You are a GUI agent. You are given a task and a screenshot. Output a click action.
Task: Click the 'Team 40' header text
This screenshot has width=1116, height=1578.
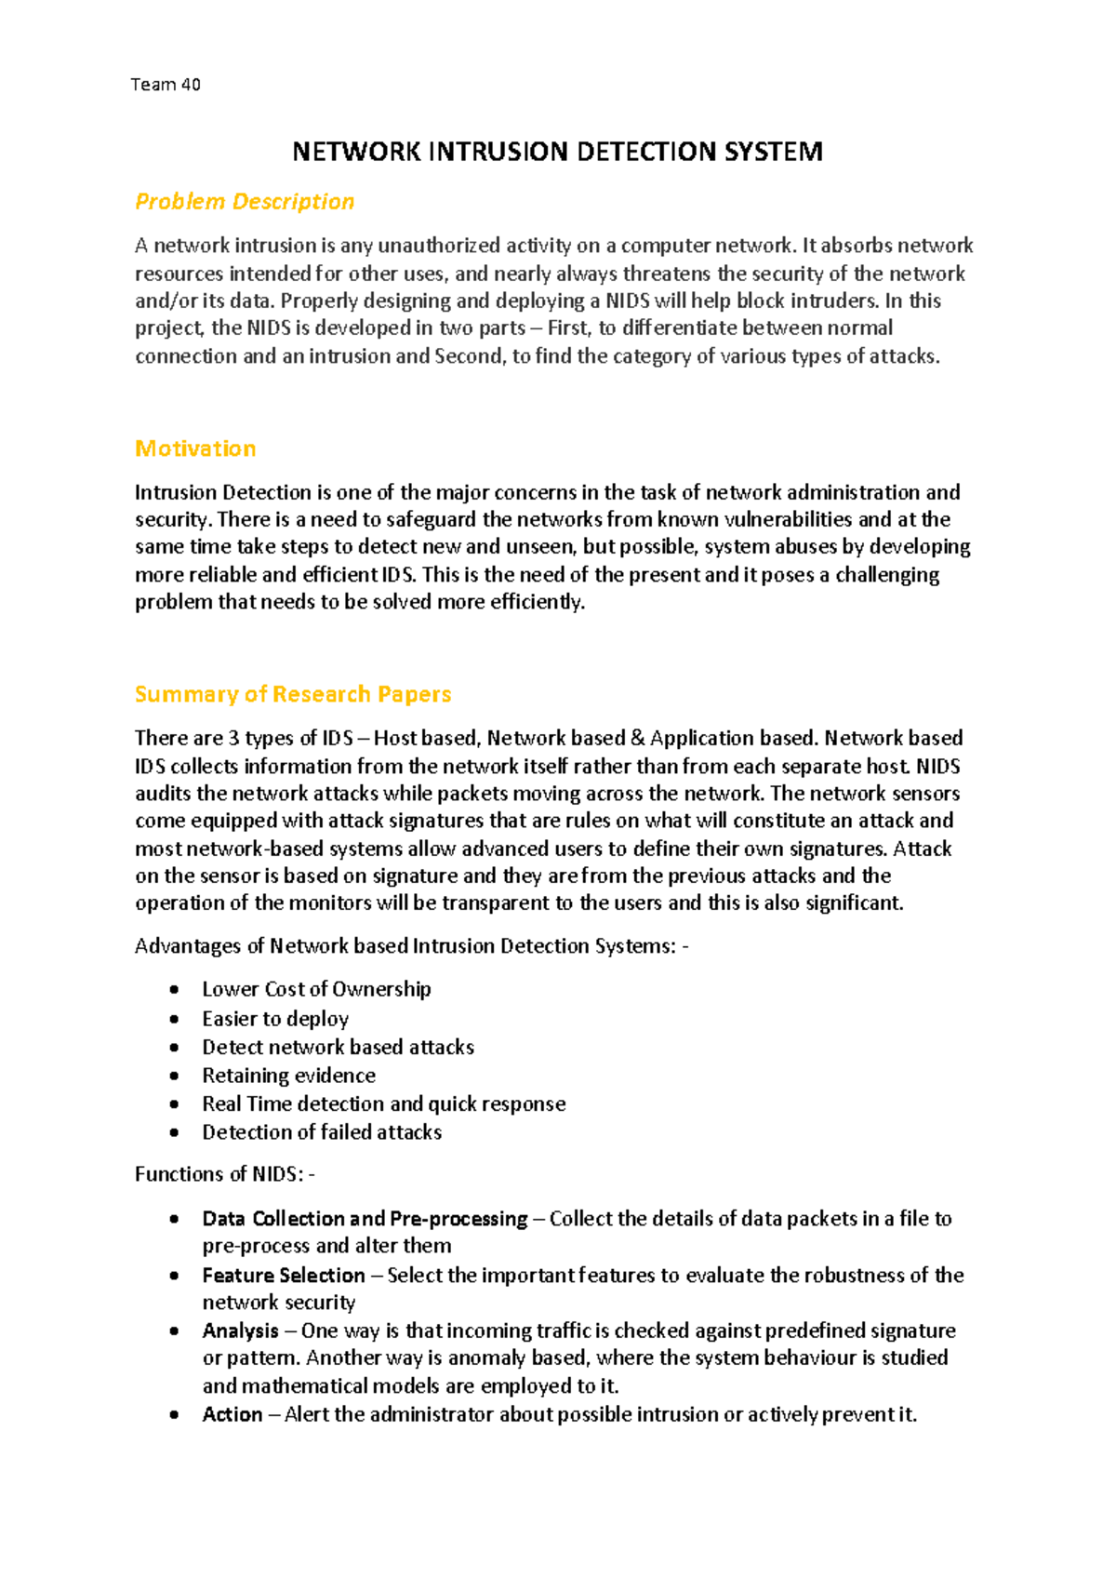click(x=166, y=85)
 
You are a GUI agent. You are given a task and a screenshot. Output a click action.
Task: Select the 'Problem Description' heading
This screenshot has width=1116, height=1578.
click(x=245, y=202)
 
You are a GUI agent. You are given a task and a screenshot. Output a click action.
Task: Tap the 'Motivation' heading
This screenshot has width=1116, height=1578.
click(x=195, y=448)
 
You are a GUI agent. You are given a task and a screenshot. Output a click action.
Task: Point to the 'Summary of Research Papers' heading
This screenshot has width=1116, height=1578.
click(x=293, y=694)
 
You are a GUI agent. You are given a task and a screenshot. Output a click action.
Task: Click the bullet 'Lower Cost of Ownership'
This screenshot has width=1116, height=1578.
click(x=316, y=989)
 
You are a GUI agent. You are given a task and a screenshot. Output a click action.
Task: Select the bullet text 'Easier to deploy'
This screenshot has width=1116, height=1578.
click(x=275, y=1019)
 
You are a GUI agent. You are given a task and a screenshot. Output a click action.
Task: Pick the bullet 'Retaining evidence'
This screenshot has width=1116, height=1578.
click(x=288, y=1076)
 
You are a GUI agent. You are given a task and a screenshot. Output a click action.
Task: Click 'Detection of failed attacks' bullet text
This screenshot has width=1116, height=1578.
click(x=322, y=1132)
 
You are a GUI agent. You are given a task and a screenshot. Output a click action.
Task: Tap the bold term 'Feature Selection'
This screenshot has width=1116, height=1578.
click(x=284, y=1276)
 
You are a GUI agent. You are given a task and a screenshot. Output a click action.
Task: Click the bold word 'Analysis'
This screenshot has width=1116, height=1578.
click(x=241, y=1331)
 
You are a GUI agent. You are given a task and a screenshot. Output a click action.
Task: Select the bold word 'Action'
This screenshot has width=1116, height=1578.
click(x=232, y=1415)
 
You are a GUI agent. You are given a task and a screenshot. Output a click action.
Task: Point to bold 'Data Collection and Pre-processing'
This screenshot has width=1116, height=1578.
click(x=365, y=1219)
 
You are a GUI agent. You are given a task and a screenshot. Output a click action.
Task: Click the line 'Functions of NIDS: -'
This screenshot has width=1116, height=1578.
click(x=225, y=1174)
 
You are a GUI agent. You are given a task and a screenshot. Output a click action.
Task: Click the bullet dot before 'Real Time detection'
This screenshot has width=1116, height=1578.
click(x=174, y=1104)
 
